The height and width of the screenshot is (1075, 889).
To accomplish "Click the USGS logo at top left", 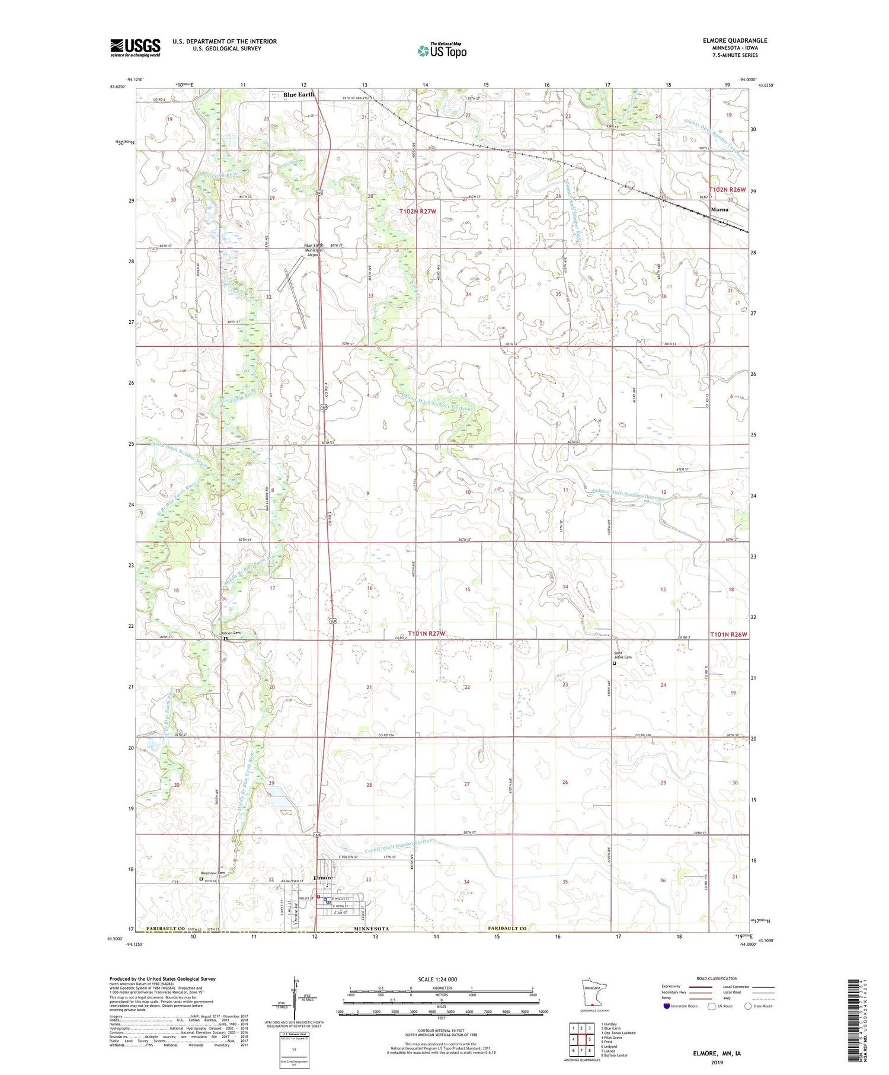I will [x=135, y=47].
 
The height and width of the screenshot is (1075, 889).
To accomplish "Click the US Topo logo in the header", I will [x=442, y=51].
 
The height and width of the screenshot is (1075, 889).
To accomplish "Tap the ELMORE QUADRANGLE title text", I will [x=734, y=40].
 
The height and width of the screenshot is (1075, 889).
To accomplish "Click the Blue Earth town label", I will [x=299, y=94].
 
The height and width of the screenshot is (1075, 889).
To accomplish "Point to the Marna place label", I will [x=719, y=209].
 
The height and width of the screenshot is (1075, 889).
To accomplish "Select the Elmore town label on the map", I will [x=323, y=878].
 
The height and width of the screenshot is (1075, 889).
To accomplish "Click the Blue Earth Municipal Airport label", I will [x=314, y=249].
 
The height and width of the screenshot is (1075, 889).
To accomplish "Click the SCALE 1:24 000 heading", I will [x=437, y=979].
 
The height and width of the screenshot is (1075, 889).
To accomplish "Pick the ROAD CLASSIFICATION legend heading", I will [x=717, y=978].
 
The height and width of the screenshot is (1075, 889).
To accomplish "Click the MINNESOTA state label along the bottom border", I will [x=372, y=929].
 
